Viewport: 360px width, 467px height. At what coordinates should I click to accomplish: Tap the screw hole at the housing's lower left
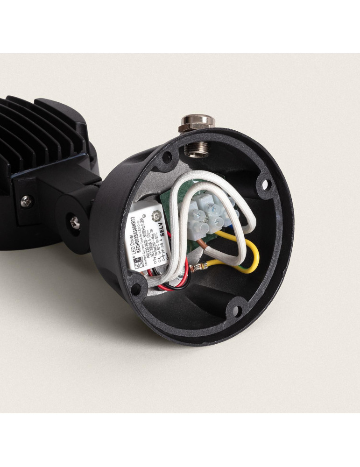(136, 287)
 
